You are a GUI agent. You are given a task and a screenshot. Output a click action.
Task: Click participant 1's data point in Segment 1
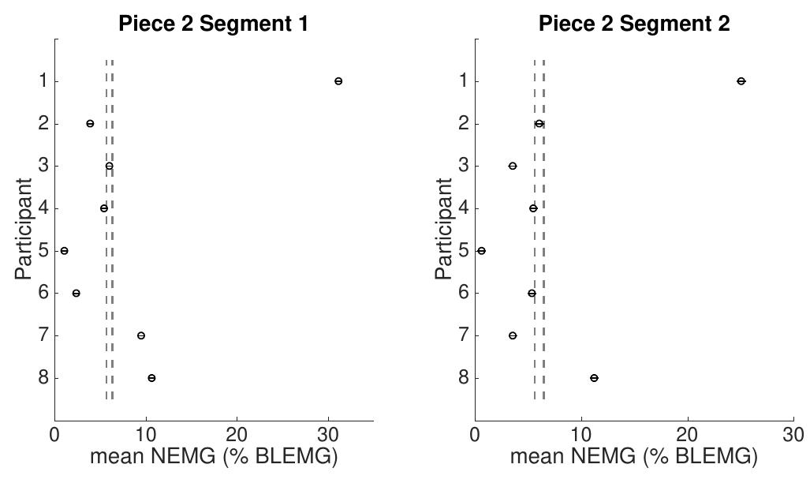pos(338,81)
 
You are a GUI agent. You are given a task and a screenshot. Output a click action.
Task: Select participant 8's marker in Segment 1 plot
pos(151,378)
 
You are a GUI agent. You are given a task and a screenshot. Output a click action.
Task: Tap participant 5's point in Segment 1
pos(65,251)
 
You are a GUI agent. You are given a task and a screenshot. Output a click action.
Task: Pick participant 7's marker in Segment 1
pos(141,335)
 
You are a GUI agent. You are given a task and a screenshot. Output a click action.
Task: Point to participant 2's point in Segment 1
pos(90,124)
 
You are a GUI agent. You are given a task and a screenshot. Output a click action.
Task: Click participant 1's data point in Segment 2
pos(741,81)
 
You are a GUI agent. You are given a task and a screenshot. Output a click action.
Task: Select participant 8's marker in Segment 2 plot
pos(594,378)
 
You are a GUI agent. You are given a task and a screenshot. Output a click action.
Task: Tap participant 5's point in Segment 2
pos(481,251)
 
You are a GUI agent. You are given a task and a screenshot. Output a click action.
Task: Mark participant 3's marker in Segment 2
pos(513,166)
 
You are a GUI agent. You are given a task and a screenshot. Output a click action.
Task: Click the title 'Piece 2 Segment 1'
pos(213,24)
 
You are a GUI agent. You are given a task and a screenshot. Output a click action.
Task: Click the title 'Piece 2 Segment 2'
pos(634,24)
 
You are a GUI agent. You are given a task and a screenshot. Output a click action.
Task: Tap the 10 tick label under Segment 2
pos(581,435)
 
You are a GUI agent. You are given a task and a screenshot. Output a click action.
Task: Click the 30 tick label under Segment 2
pos(793,435)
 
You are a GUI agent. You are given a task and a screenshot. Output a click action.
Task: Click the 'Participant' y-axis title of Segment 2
pos(444,229)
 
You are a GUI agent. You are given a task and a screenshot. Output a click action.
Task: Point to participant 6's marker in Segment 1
pos(77,293)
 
